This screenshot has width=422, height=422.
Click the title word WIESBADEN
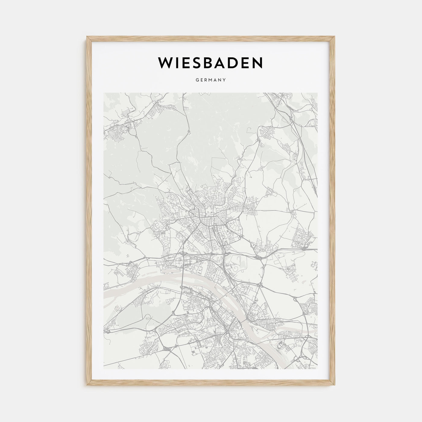(x=211, y=62)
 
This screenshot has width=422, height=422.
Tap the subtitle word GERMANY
(x=211, y=80)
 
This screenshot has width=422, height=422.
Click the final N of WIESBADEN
(x=257, y=62)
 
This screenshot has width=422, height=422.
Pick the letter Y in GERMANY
(x=225, y=80)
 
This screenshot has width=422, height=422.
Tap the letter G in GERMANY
(x=197, y=80)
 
